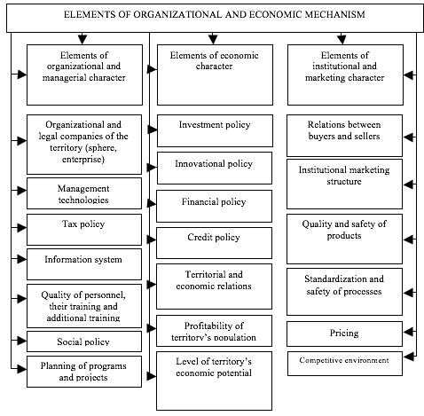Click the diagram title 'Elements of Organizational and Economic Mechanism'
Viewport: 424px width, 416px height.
pos(215,14)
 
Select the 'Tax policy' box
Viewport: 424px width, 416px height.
pos(84,230)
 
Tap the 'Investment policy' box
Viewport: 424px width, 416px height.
pos(215,130)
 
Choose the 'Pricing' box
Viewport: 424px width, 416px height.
pos(344,334)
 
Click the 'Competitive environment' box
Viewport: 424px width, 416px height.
pos(345,364)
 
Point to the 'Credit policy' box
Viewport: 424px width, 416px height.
pos(214,243)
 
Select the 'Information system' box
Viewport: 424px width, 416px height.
pos(84,264)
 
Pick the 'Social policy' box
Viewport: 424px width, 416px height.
pos(84,341)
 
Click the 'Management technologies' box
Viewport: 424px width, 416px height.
pos(84,193)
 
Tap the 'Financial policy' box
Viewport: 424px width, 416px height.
pos(214,206)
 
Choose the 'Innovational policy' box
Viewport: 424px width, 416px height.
pos(215,168)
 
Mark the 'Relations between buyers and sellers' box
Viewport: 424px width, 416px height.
pos(344,136)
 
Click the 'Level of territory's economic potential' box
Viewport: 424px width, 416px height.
pos(214,381)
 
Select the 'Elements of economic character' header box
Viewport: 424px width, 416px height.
pos(215,75)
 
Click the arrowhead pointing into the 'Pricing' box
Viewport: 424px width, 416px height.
pos(408,332)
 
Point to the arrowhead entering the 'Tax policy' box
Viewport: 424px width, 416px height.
pos(21,228)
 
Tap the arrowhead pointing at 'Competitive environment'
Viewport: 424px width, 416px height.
pos(408,357)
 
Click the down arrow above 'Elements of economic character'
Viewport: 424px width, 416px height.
pos(213,39)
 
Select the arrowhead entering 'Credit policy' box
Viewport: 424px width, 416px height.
pos(152,239)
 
